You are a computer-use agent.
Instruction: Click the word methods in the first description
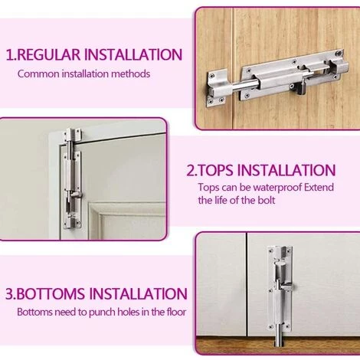[131, 74]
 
